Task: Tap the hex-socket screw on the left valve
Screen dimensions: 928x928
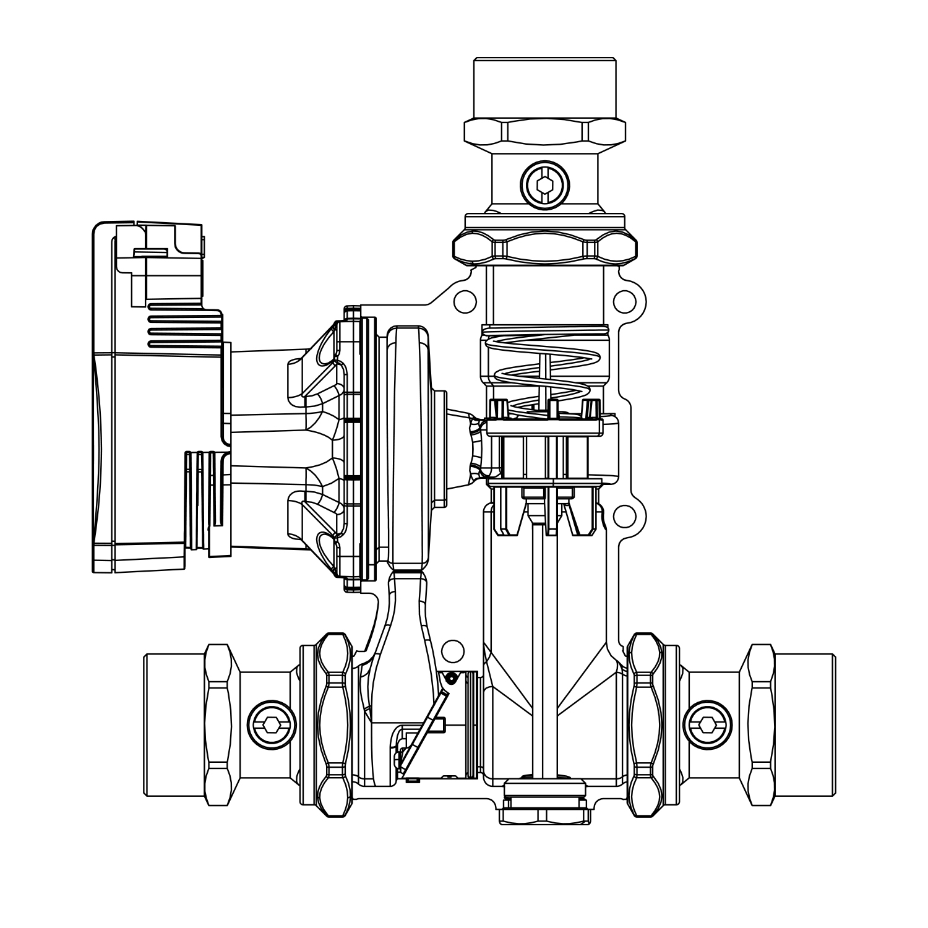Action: [x=271, y=724]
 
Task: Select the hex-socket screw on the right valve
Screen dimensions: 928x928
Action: [x=707, y=724]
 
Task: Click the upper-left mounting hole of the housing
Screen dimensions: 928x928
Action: [x=465, y=301]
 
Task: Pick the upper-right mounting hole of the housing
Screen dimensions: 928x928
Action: [x=624, y=301]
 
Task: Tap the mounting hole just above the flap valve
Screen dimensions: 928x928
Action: [x=453, y=651]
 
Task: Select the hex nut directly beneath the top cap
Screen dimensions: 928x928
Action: [x=544, y=132]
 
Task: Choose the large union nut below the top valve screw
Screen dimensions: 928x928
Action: [x=544, y=247]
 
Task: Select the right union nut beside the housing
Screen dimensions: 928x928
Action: [x=645, y=724]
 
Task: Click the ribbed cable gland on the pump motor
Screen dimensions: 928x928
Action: [x=201, y=500]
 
